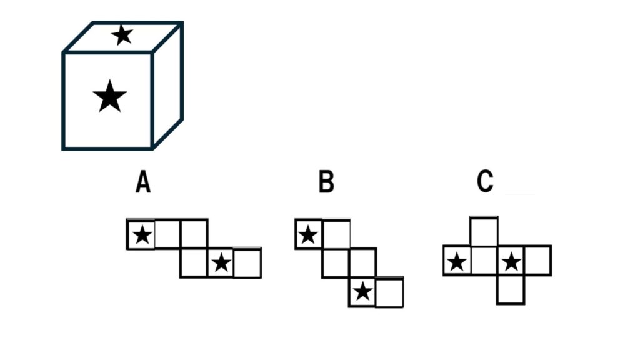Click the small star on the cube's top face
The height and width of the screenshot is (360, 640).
[122, 35]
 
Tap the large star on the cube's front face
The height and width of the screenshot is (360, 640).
[110, 96]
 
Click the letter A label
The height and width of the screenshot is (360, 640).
[143, 182]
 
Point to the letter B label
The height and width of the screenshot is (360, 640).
[326, 182]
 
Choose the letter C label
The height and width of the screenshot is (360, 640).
[485, 182]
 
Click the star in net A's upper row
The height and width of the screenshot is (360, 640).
[142, 235]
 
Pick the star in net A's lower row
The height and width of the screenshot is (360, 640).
[221, 262]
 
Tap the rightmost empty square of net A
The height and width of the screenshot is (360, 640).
[247, 263]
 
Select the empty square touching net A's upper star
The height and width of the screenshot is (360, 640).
[167, 234]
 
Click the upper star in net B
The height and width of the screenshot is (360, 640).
[308, 235]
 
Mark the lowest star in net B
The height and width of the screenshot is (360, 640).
[363, 292]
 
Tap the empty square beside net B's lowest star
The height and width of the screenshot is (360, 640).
[389, 292]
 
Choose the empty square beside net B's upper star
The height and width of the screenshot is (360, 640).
[336, 234]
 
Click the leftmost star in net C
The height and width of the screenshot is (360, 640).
[457, 262]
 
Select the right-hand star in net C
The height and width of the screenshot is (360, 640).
[511, 262]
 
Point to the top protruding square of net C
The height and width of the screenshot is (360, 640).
[484, 231]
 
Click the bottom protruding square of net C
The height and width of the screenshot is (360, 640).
[511, 289]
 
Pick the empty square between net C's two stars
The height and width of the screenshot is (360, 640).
[484, 261]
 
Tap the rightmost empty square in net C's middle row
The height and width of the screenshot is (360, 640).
[538, 261]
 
